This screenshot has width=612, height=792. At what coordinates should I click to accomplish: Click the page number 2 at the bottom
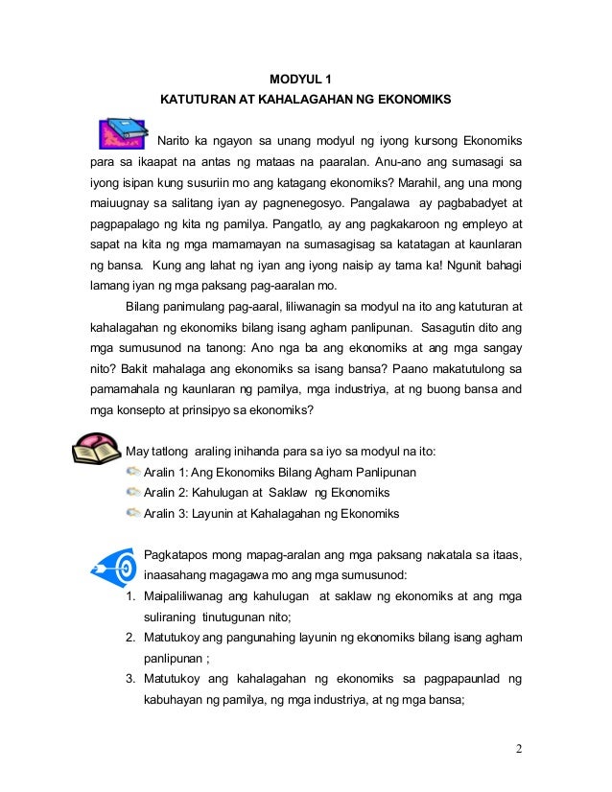(x=519, y=749)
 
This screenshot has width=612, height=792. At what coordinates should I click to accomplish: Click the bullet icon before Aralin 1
(x=132, y=472)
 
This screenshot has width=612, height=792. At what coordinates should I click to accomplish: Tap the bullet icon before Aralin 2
(x=132, y=492)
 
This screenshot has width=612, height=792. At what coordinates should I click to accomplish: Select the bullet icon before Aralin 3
(x=132, y=513)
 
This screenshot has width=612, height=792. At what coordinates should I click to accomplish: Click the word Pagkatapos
(x=178, y=554)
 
